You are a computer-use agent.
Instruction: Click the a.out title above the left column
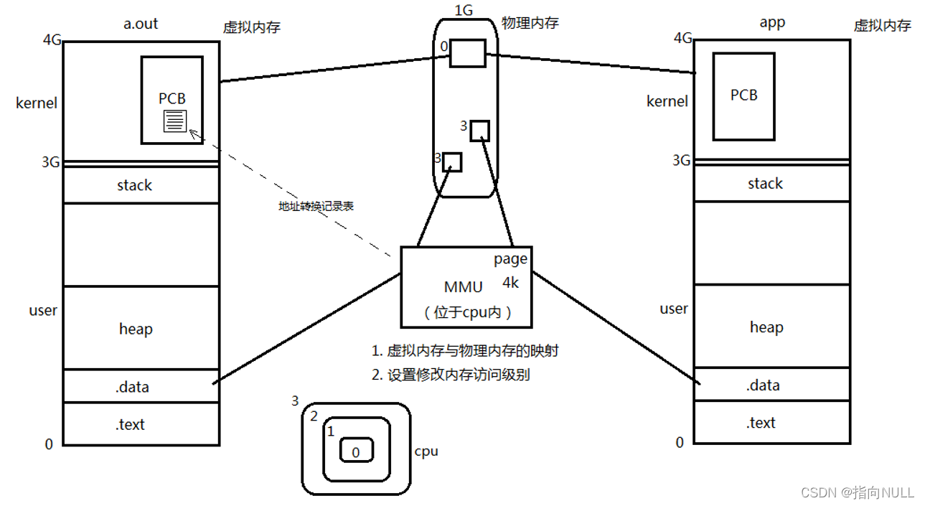(x=141, y=24)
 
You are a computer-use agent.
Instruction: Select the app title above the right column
(x=772, y=22)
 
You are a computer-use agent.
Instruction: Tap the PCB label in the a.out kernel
(x=172, y=99)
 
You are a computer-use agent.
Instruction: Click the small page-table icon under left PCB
(x=175, y=121)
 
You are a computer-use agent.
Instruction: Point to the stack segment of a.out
(x=134, y=185)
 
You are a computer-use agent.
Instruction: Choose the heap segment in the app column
(x=766, y=327)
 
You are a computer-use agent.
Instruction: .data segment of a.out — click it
(x=133, y=387)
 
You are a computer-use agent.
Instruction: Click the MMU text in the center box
(x=464, y=287)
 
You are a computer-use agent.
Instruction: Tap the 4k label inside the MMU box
(x=510, y=283)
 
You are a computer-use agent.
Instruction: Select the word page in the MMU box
(x=510, y=259)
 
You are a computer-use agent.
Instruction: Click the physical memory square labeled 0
(x=467, y=53)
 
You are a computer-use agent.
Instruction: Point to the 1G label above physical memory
(x=465, y=10)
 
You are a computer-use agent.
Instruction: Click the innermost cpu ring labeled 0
(x=355, y=451)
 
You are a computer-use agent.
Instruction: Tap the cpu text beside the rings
(x=426, y=451)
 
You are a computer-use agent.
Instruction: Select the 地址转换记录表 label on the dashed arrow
(x=316, y=206)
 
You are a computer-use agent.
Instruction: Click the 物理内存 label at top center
(x=530, y=23)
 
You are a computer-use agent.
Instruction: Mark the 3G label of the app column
(x=681, y=160)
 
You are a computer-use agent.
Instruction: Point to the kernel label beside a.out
(x=37, y=103)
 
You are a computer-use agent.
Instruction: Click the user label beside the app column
(x=674, y=309)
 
